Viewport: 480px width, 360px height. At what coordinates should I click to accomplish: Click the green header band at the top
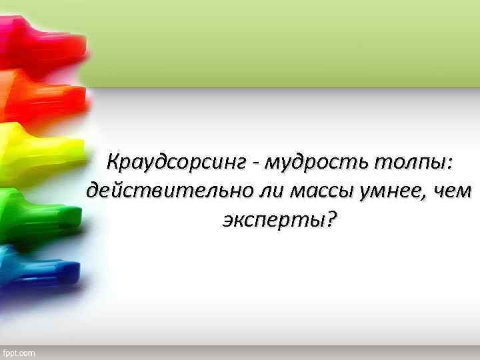pyautogui.click(x=287, y=43)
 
